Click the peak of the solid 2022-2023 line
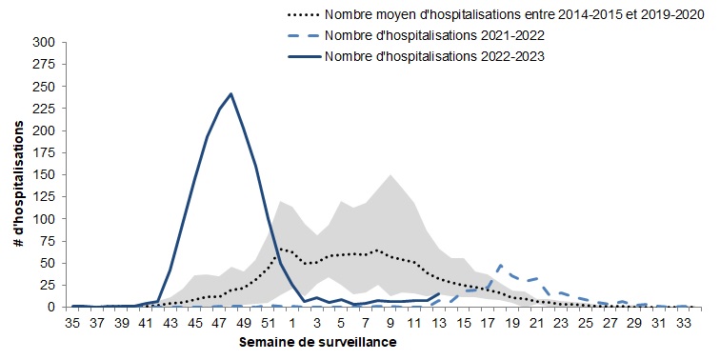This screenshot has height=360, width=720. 231,94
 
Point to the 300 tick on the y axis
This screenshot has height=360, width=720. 43,43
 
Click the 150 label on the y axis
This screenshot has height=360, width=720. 43,175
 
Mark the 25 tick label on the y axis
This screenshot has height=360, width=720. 47,286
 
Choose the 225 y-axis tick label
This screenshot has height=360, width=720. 43,110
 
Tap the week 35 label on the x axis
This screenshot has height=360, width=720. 72,323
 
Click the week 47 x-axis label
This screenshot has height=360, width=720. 219,323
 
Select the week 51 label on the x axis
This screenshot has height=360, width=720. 268,323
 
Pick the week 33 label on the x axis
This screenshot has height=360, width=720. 683,323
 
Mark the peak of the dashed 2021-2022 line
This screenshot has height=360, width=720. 501,266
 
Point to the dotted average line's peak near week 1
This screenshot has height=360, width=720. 281,249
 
